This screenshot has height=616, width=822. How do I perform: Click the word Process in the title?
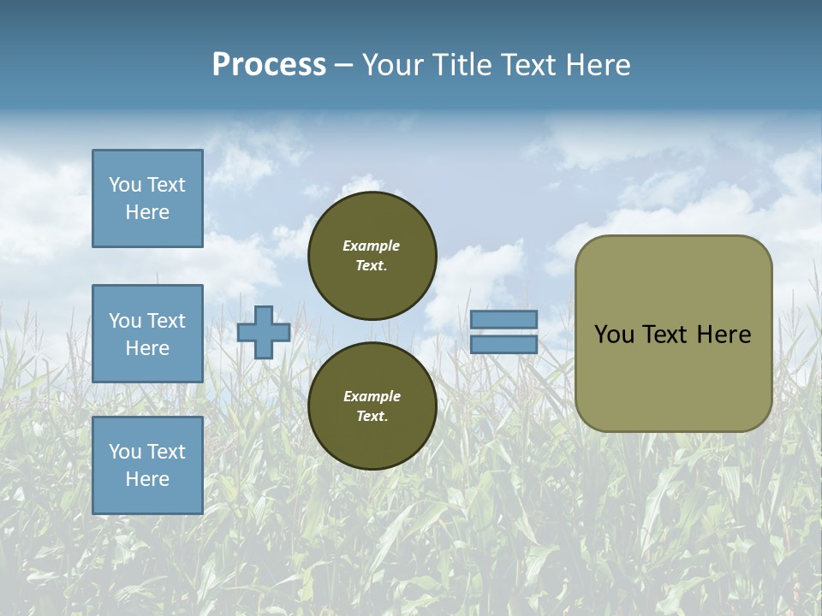[x=269, y=65]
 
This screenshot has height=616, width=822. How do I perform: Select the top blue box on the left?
[x=147, y=198]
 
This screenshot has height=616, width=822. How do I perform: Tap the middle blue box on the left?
[x=147, y=334]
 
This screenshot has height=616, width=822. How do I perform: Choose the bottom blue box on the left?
[x=147, y=465]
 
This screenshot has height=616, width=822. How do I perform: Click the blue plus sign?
[x=264, y=332]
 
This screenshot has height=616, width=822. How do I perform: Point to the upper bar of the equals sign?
[x=503, y=319]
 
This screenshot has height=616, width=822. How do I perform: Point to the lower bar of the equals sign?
[x=503, y=345]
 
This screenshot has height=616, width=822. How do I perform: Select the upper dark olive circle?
[x=372, y=256]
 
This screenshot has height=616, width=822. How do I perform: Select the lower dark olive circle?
[x=372, y=406]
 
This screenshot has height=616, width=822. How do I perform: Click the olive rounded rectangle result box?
[x=673, y=334]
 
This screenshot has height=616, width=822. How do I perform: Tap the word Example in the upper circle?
[x=372, y=246]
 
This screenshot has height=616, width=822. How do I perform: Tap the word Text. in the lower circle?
[x=372, y=417]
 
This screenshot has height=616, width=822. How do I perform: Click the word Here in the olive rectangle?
[x=724, y=335]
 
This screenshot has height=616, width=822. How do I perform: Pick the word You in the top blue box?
[x=125, y=185]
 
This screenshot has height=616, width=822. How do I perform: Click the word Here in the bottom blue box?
[x=147, y=479]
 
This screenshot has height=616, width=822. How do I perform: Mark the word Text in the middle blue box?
[x=166, y=321]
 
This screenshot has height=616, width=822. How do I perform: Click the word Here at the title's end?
[x=601, y=65]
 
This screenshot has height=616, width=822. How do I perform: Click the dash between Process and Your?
[x=344, y=65]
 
